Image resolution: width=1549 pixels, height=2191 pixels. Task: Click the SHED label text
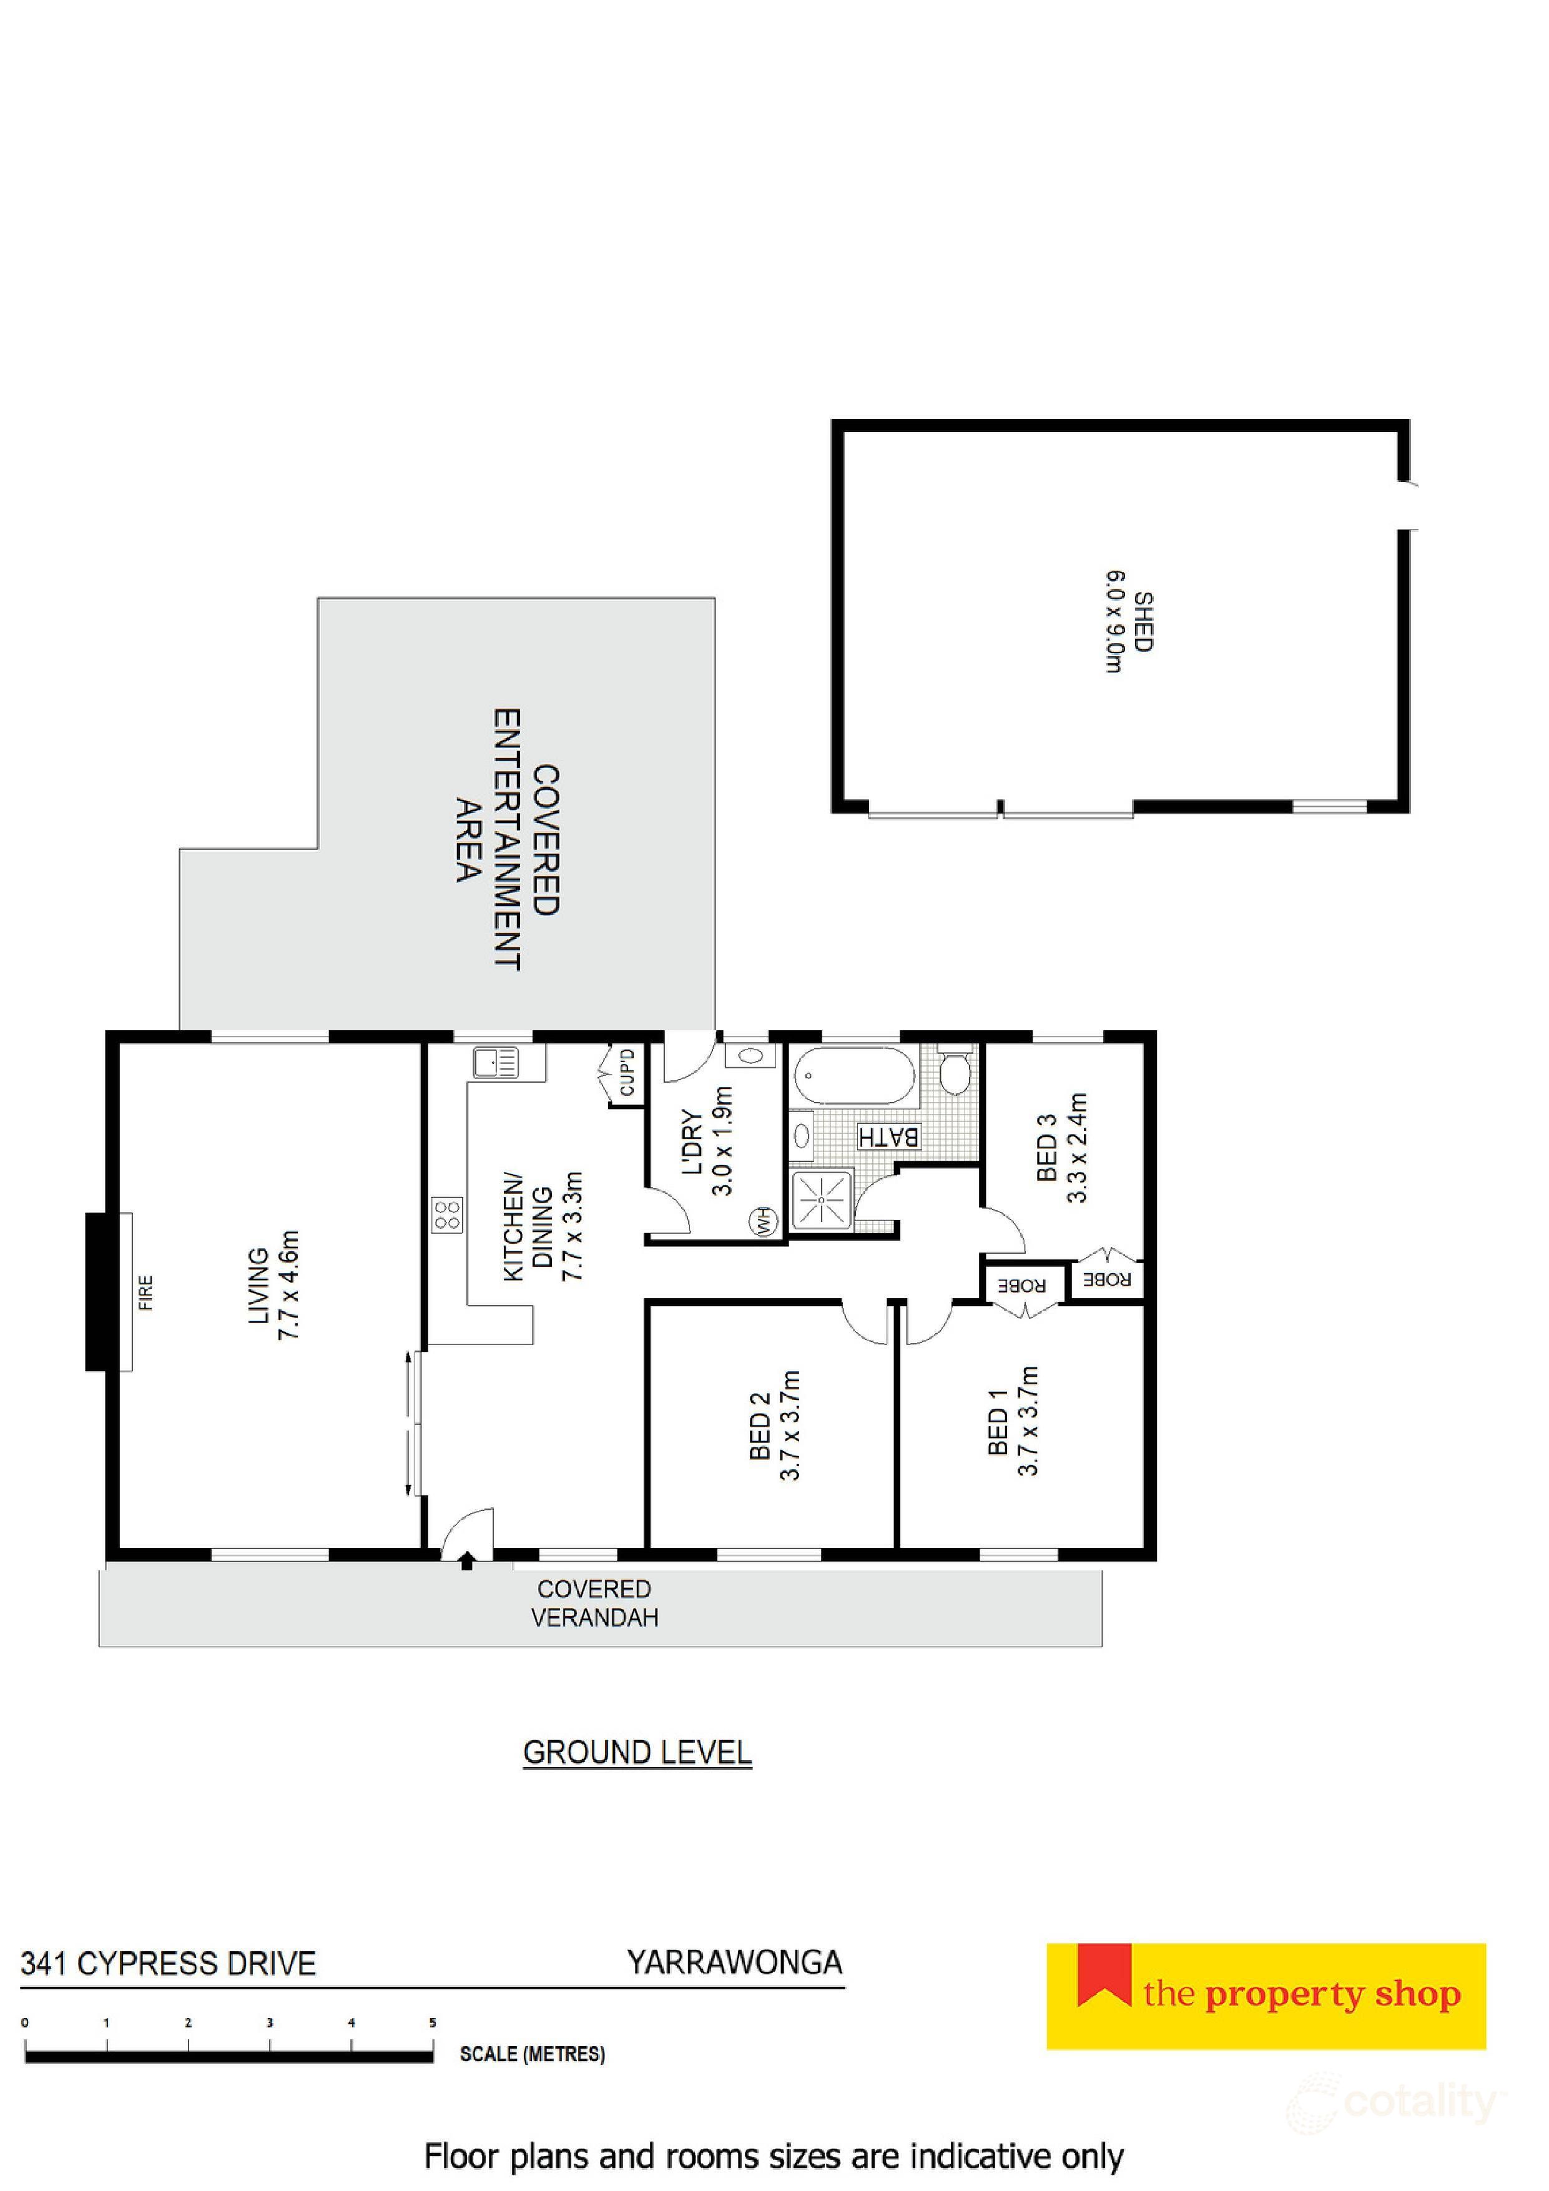1143,621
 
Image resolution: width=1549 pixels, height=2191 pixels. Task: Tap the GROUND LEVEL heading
637,1753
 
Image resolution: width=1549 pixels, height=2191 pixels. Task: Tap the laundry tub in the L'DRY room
750,1056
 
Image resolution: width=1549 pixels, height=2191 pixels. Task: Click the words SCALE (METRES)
531,2054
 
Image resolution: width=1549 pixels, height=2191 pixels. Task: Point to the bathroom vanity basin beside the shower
802,1136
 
